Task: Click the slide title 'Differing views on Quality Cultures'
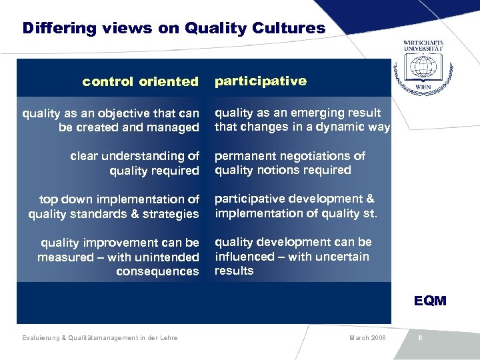tap(173, 29)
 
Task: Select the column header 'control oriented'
tap(140, 82)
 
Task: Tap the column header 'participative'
tap(260, 81)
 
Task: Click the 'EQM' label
tap(430, 301)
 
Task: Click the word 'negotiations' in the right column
tap(313, 156)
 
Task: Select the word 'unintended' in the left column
tap(167, 257)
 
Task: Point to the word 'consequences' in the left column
tap(157, 271)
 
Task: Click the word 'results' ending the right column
tap(234, 271)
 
